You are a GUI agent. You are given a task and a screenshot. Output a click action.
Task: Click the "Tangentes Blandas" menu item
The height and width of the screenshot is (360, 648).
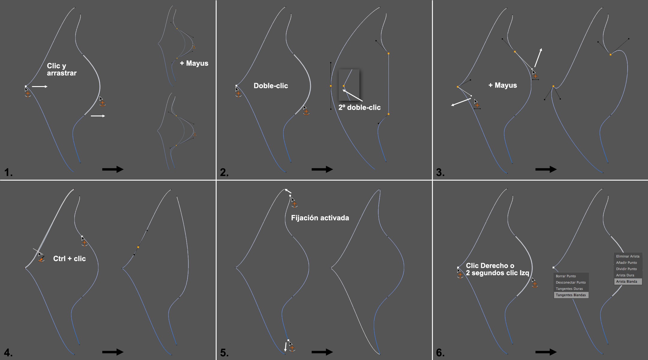pos(571,295)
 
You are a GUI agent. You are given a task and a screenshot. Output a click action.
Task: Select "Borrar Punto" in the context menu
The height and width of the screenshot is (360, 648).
pos(566,276)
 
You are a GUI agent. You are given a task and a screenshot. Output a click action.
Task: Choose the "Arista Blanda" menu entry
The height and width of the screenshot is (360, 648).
pos(627,281)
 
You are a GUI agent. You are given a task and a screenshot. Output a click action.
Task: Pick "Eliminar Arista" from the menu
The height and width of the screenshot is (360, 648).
pos(628,256)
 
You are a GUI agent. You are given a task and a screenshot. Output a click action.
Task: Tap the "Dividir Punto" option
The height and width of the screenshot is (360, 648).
pos(626,269)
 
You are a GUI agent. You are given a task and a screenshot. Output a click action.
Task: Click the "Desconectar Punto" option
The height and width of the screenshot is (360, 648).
pos(571,282)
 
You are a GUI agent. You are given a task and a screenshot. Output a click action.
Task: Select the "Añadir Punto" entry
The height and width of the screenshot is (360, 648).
pos(626,262)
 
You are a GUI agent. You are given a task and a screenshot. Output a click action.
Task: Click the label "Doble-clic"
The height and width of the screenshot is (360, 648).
pos(271,86)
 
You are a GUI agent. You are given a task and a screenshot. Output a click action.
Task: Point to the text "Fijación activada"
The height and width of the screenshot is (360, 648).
pos(320,218)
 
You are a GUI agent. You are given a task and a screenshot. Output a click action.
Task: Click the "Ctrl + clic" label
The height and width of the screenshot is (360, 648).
pos(69,259)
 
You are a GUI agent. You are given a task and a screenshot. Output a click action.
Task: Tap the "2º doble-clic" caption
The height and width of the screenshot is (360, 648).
pos(359,107)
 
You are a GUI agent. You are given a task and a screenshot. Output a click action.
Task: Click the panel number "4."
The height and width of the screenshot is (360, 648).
pos(8,353)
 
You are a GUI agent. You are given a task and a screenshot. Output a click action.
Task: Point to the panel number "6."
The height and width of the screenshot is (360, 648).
pos(440,353)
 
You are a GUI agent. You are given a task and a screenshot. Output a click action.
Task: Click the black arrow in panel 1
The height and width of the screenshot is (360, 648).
pos(113,169)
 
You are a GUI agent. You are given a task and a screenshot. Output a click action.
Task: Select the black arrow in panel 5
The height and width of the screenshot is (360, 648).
pos(322,352)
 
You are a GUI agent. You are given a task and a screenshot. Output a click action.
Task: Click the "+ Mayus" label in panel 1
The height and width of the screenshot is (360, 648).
pos(194,63)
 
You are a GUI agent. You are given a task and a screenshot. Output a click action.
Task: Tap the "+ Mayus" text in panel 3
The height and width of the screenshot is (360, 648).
pos(502,85)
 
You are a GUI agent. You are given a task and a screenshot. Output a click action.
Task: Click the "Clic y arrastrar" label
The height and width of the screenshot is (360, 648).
pos(62,69)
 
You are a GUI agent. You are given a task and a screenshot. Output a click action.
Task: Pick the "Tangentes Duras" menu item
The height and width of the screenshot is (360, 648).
pos(569,289)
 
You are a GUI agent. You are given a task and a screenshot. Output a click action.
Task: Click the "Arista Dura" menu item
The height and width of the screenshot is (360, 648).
pos(625,275)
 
